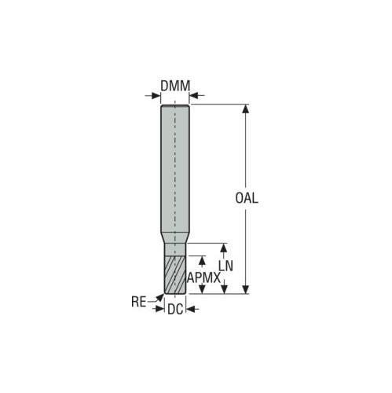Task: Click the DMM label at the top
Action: pos(175,86)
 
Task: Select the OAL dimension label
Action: pos(247,198)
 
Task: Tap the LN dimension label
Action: pos(225,266)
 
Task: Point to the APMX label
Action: pos(203,277)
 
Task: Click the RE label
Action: pos(138,302)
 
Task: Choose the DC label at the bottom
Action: pos(175,310)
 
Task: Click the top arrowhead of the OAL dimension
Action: pos(245,108)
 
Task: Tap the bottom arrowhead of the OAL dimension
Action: pos(245,289)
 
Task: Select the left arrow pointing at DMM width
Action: pos(152,95)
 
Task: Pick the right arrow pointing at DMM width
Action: pos(196,95)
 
